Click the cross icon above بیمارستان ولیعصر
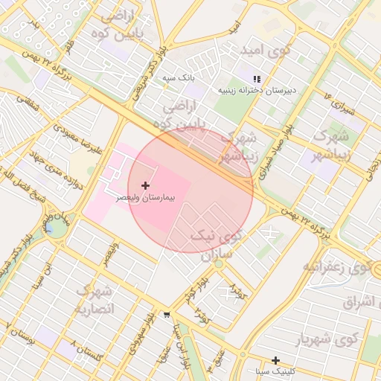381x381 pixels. (144, 185)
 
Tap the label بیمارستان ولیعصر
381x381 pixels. (146, 199)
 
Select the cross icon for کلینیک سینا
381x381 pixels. (275, 360)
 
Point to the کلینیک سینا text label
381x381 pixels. (275, 371)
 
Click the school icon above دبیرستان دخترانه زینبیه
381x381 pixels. (257, 78)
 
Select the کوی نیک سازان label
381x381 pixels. (217, 245)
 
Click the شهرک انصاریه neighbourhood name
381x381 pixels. (95, 299)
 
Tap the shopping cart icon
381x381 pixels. (165, 316)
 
